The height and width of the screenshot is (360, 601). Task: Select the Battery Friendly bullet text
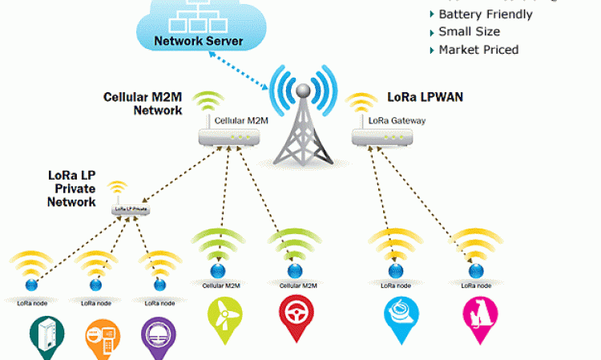(x=485, y=14)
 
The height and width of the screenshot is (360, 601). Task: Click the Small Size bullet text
(x=469, y=32)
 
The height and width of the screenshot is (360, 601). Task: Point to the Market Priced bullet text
(x=478, y=50)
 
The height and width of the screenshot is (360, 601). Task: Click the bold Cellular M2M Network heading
(x=143, y=103)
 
